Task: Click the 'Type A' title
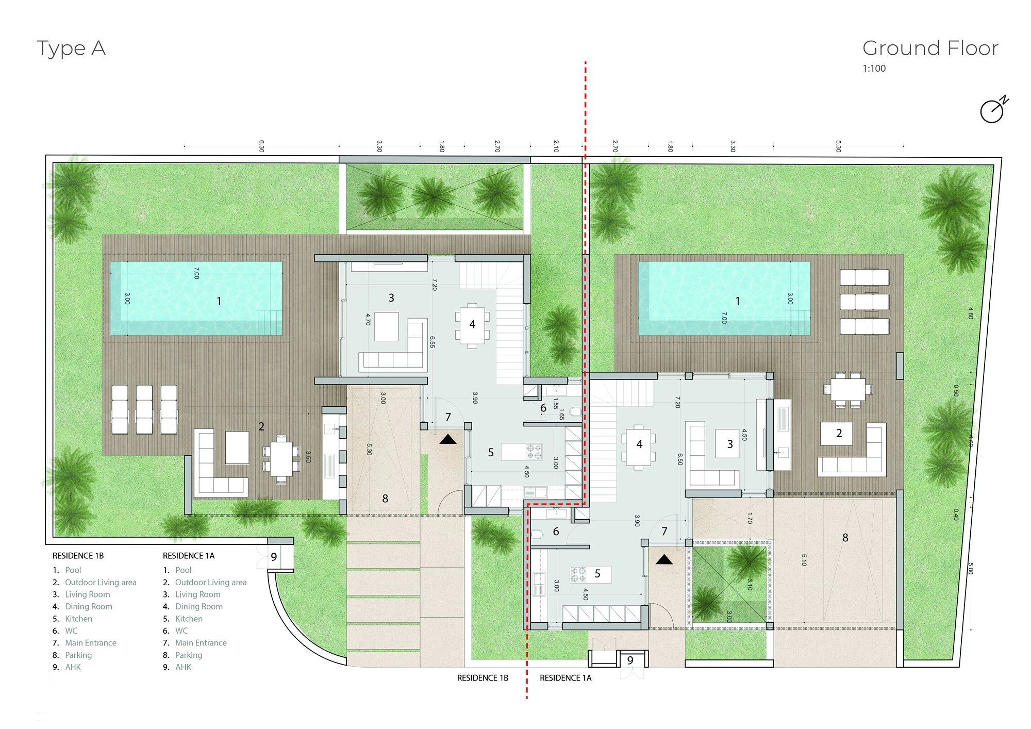(71, 49)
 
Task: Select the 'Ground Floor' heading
(930, 48)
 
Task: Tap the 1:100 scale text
(874, 68)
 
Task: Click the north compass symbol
(993, 109)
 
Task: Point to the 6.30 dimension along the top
(261, 146)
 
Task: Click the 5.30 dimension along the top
(838, 146)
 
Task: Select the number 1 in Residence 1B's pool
(219, 301)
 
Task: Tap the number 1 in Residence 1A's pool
(738, 301)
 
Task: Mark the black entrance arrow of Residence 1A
(664, 559)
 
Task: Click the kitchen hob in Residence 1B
(534, 452)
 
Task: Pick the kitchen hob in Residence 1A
(578, 574)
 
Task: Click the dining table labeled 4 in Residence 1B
(472, 326)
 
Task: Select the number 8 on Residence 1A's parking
(845, 538)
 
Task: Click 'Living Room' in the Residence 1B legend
(88, 594)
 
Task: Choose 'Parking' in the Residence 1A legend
(189, 655)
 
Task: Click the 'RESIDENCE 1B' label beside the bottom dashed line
(483, 678)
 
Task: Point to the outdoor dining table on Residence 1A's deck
(848, 389)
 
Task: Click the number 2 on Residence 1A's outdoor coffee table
(839, 434)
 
